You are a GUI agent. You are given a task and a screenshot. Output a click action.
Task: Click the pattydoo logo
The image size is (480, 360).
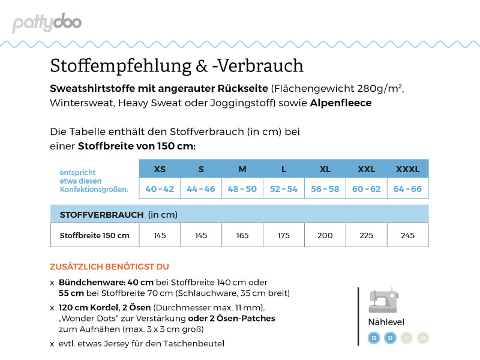47,23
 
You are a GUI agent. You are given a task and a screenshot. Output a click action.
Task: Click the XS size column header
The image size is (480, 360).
160,169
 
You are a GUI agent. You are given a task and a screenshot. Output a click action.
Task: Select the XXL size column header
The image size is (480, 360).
366,169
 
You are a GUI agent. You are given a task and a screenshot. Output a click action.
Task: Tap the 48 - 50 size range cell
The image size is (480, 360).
242,189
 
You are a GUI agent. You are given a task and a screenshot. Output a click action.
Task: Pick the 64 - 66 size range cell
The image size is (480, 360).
407,189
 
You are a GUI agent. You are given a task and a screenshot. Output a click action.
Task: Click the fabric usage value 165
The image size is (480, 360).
242,235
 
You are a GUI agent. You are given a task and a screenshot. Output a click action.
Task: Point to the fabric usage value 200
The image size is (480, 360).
325,235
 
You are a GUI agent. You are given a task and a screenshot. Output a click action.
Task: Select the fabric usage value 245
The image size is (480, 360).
407,235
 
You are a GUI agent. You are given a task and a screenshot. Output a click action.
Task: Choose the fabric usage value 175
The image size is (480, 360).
284,235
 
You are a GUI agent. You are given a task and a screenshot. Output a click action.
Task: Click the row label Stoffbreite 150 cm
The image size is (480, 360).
94,235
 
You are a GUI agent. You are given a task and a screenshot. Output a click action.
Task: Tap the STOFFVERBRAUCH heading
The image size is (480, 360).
101,214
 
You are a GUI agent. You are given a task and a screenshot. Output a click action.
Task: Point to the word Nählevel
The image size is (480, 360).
386,322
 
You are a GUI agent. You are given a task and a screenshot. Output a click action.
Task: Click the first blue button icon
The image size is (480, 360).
374,338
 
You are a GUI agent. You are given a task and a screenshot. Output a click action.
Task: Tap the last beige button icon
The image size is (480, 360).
423,338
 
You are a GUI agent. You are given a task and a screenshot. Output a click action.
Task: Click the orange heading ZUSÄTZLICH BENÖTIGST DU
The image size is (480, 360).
109,266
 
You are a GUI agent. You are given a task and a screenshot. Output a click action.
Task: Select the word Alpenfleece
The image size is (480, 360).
341,103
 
